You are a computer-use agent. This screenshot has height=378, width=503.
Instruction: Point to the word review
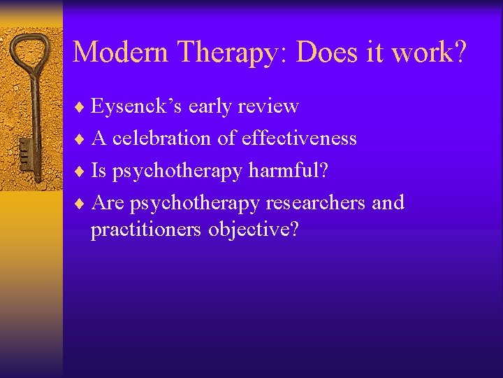tap(268, 106)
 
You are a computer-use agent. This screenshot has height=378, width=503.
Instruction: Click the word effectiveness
tap(299, 139)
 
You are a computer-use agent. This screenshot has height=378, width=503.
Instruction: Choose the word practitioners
tap(147, 229)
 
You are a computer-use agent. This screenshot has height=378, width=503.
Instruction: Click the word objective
tap(253, 229)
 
